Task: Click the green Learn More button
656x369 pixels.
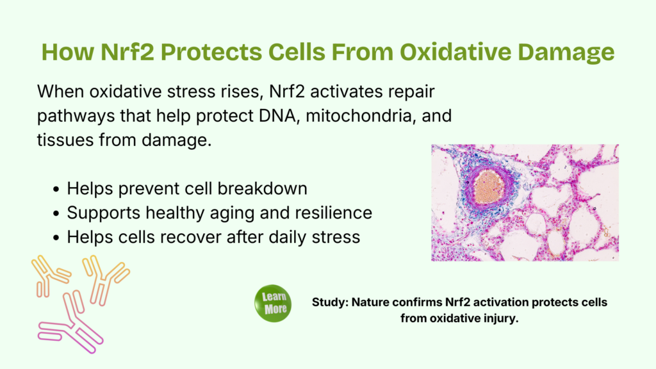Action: pyautogui.click(x=273, y=303)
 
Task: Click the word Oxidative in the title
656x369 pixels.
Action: pyautogui.click(x=455, y=52)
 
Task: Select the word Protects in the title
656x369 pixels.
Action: pyautogui.click(x=211, y=52)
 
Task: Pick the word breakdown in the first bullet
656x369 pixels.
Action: pyautogui.click(x=262, y=189)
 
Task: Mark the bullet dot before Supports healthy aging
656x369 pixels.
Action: pyautogui.click(x=56, y=214)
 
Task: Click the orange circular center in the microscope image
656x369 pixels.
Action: pyautogui.click(x=488, y=187)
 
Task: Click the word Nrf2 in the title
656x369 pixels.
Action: pyautogui.click(x=127, y=52)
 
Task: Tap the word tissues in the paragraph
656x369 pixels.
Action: pyautogui.click(x=65, y=140)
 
